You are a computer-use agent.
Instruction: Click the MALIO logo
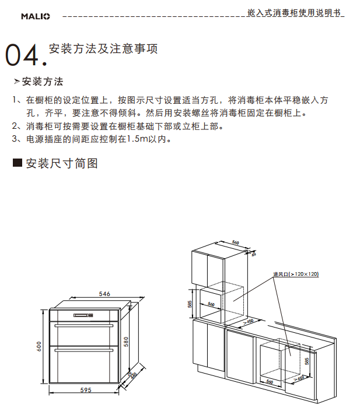(36, 16)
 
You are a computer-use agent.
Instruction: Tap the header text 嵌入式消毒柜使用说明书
(293, 12)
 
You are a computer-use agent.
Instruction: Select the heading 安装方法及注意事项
(103, 49)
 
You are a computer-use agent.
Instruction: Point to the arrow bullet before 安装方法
(17, 82)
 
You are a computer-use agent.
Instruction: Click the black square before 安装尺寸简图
(18, 162)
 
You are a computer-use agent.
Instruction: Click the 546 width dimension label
(104, 294)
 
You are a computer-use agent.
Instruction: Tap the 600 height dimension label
(39, 346)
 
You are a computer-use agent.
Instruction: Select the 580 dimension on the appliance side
(126, 342)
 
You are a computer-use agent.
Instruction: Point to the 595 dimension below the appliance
(86, 390)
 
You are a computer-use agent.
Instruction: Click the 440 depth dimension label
(134, 375)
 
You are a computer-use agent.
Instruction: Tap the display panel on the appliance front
(83, 315)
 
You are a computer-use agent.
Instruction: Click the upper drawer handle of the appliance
(84, 325)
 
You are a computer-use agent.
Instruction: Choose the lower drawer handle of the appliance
(84, 350)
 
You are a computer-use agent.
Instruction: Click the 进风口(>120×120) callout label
(296, 274)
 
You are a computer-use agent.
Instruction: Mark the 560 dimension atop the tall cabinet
(235, 242)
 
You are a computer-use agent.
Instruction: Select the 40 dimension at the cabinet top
(254, 254)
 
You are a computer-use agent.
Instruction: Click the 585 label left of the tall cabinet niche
(190, 304)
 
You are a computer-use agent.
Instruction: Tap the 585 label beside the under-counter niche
(307, 361)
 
